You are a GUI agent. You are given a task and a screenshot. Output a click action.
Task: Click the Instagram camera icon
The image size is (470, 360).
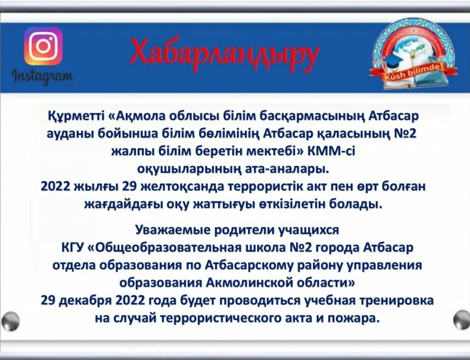click(x=43, y=46)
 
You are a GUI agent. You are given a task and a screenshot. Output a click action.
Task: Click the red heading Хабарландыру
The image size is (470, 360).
click(x=224, y=54)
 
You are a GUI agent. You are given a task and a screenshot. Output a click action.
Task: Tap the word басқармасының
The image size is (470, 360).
click(x=305, y=116)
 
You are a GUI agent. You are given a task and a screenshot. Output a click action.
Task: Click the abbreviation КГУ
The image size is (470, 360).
click(x=71, y=248)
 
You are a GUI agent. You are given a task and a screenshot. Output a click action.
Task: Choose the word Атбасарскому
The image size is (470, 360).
click(x=250, y=266)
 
